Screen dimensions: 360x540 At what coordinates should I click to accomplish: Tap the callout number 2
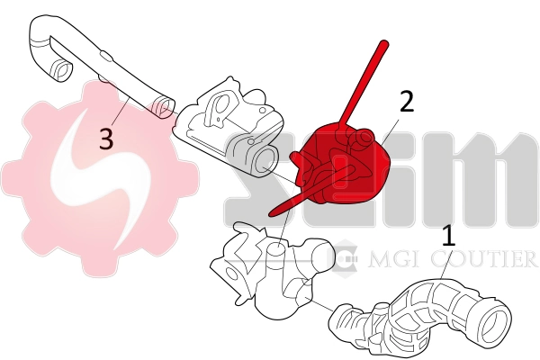[407, 102]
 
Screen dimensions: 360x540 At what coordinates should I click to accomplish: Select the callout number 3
[106, 139]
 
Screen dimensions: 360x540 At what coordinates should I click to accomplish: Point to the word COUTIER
[486, 261]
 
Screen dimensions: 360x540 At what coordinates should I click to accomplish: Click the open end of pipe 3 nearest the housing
[164, 108]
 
